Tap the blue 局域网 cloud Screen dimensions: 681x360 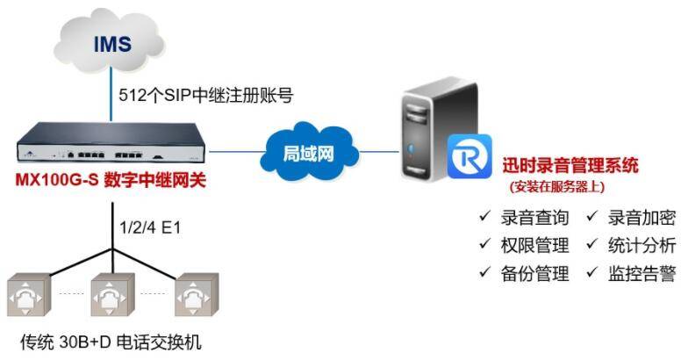(309, 152)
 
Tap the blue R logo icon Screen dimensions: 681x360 (470, 156)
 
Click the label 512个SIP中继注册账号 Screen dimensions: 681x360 (206, 95)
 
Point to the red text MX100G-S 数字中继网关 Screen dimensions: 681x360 (111, 180)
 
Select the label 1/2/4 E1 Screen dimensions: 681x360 (150, 227)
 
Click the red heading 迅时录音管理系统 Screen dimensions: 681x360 (570, 166)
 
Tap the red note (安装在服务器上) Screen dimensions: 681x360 (557, 186)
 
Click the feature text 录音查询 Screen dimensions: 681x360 (534, 218)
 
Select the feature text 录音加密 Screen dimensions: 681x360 (642, 218)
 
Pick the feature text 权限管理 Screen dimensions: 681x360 (534, 245)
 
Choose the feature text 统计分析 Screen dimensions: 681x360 (642, 245)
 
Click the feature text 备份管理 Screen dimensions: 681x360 (534, 273)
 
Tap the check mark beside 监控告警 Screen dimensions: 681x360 (592, 272)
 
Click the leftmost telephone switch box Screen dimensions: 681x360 (29, 294)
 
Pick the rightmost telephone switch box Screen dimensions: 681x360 (197, 294)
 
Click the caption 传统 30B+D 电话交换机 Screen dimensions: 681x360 (111, 342)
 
